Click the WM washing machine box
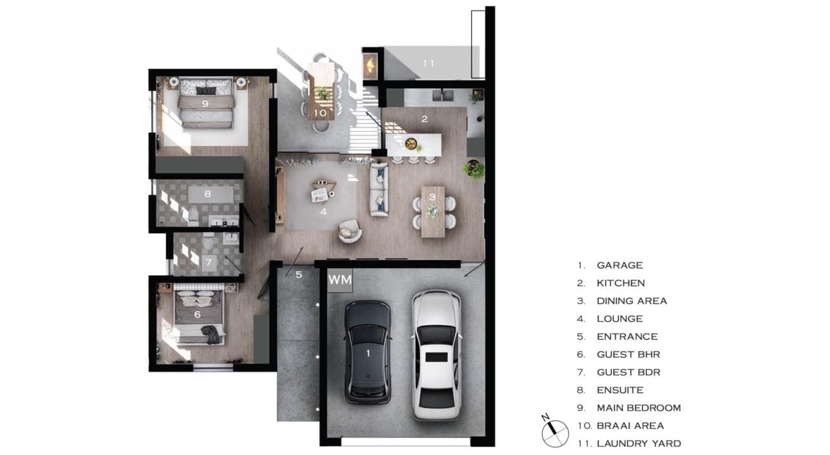click(340, 280)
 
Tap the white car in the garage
click(436, 355)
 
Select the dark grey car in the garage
click(368, 352)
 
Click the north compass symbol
click(554, 432)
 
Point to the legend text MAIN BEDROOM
click(639, 408)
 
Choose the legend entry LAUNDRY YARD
click(639, 443)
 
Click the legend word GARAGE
click(619, 265)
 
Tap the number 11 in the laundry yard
click(429, 64)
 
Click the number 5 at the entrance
click(299, 275)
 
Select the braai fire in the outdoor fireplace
click(370, 66)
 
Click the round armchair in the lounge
click(350, 231)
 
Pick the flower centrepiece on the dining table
click(432, 212)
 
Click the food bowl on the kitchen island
click(410, 143)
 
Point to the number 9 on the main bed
click(205, 103)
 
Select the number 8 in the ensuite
click(207, 193)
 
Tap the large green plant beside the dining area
click(474, 169)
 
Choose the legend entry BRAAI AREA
click(630, 426)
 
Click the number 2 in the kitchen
click(424, 119)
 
